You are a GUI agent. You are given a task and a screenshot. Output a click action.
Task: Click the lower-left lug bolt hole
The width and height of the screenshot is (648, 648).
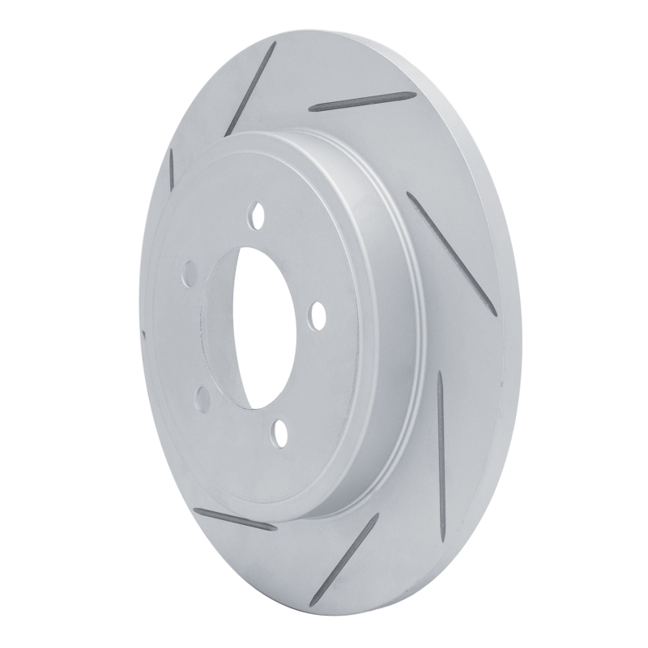(202, 397)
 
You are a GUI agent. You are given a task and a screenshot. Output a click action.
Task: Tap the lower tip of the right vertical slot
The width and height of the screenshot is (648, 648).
(441, 486)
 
